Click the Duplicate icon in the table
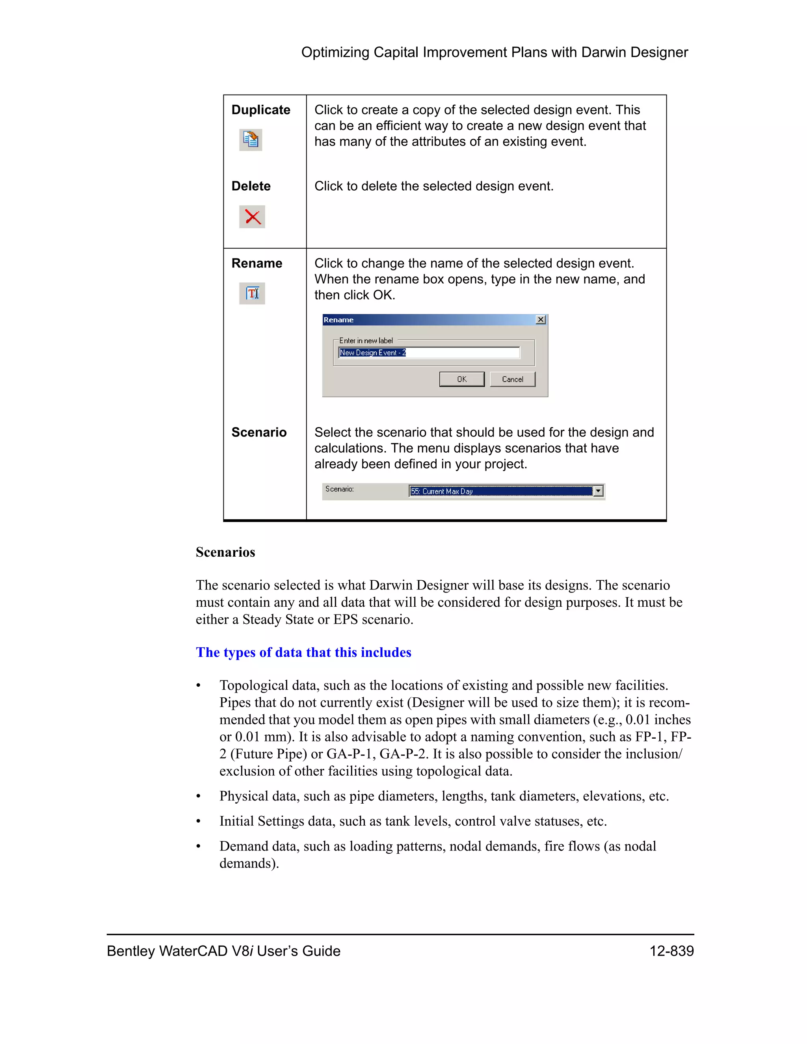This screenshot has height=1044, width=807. click(x=251, y=140)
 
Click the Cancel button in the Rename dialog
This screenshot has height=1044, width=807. click(x=512, y=379)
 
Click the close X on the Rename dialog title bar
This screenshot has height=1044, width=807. click(x=541, y=320)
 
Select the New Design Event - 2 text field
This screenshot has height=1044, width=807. click(x=428, y=353)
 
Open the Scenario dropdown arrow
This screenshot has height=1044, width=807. click(x=598, y=491)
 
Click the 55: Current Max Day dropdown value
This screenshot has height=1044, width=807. click(x=500, y=491)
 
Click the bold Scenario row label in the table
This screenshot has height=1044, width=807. click(x=258, y=432)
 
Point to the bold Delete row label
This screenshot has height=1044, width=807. click(x=251, y=186)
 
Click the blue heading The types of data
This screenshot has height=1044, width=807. click(x=303, y=652)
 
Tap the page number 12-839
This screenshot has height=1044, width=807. click(x=671, y=951)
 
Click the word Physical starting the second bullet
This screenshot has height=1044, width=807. click(x=244, y=796)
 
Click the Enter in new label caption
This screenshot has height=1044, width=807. click(x=366, y=341)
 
